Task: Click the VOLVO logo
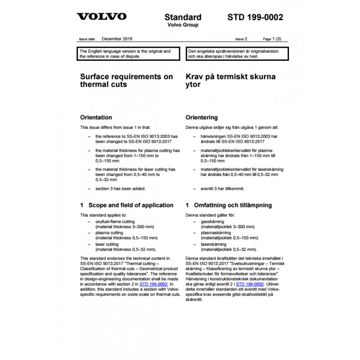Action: [x=101, y=17]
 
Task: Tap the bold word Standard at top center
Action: [x=183, y=17]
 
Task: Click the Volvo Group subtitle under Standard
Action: [x=183, y=25]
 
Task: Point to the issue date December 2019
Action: [x=117, y=40]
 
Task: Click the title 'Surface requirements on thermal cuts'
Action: [x=126, y=81]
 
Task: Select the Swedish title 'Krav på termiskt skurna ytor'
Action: [x=230, y=81]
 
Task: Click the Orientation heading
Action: [x=95, y=117]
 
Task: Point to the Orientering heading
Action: [x=202, y=117]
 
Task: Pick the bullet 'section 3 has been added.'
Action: [x=120, y=189]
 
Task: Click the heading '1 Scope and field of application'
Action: [x=126, y=205]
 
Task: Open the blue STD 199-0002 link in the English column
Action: [x=154, y=284]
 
